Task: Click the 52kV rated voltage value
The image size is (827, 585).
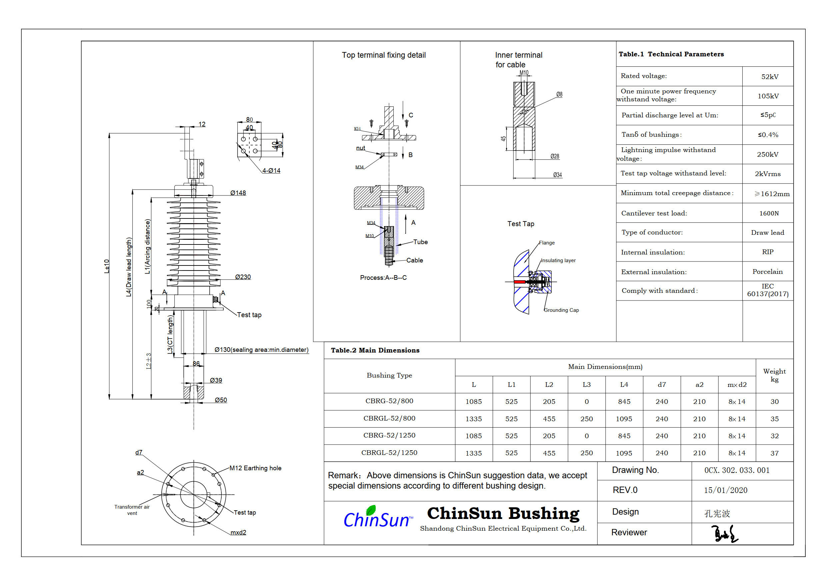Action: pos(769,76)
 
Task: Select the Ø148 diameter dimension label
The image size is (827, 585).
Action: pos(238,193)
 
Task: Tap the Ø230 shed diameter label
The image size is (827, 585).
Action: pos(243,277)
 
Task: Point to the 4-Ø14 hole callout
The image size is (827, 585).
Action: pos(271,170)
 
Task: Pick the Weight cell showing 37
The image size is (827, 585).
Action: pos(774,453)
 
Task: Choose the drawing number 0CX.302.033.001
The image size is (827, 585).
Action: pos(737,470)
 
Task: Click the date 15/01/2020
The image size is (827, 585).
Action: pos(725,490)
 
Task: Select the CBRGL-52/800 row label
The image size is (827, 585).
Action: pos(389,419)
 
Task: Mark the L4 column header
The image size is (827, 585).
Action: pos(624,385)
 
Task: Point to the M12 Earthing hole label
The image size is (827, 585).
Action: pos(255,468)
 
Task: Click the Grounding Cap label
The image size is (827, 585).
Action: pos(561,310)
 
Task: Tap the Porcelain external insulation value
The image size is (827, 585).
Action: pos(767,271)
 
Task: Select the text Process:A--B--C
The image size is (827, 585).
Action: pos(383,277)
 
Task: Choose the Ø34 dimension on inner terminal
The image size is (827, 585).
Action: pos(557,175)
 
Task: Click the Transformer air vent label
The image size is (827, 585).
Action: pos(132,510)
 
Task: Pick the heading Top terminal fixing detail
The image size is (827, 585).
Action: pos(384,55)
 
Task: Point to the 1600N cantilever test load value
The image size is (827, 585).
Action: pos(769,213)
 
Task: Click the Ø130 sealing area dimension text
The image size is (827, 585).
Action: pos(261,350)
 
